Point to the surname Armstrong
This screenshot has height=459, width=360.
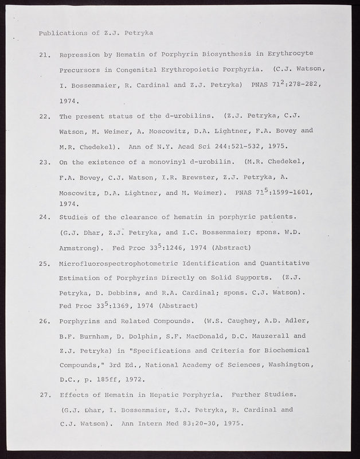[80, 248]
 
